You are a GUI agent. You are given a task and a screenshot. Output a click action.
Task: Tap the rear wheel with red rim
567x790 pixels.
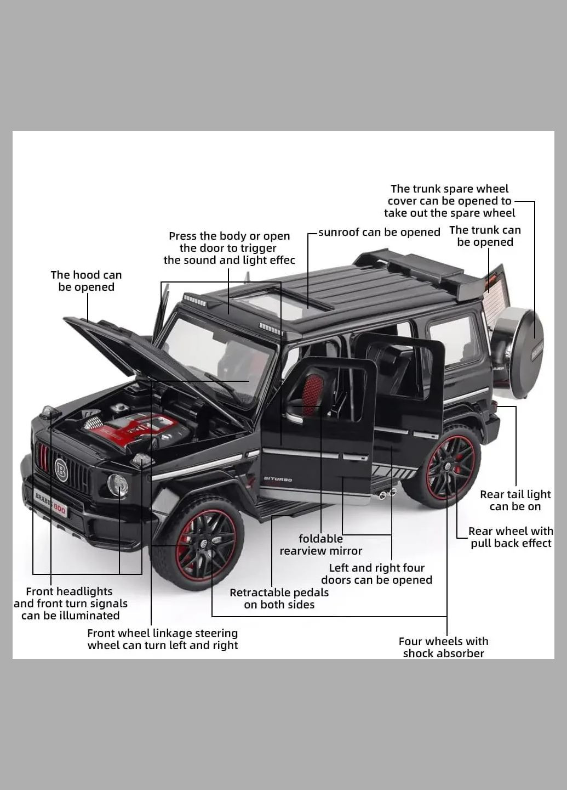click(x=450, y=467)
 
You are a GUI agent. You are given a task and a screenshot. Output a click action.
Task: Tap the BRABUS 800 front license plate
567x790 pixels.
click(x=50, y=503)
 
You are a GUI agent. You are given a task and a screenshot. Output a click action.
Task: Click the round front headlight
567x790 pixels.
click(x=117, y=485)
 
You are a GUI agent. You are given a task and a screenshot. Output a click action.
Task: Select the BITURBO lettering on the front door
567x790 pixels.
click(x=278, y=479)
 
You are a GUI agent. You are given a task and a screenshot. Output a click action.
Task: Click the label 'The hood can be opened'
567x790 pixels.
click(x=86, y=281)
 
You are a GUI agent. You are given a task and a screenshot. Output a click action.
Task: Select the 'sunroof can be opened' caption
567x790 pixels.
click(x=379, y=232)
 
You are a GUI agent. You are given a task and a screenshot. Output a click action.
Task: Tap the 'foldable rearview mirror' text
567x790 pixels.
click(x=321, y=545)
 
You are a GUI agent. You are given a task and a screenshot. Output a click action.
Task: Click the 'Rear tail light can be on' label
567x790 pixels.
click(x=515, y=500)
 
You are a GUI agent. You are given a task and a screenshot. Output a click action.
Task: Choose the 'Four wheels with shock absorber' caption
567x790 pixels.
click(x=443, y=647)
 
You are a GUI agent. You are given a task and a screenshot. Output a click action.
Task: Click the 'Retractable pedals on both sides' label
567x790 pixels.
click(x=279, y=599)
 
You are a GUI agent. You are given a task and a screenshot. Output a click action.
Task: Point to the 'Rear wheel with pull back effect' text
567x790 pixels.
click(x=511, y=537)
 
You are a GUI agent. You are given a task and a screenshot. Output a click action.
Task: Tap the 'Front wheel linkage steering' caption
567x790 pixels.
click(x=163, y=639)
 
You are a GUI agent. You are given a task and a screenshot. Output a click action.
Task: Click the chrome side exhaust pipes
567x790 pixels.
click(x=387, y=493)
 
